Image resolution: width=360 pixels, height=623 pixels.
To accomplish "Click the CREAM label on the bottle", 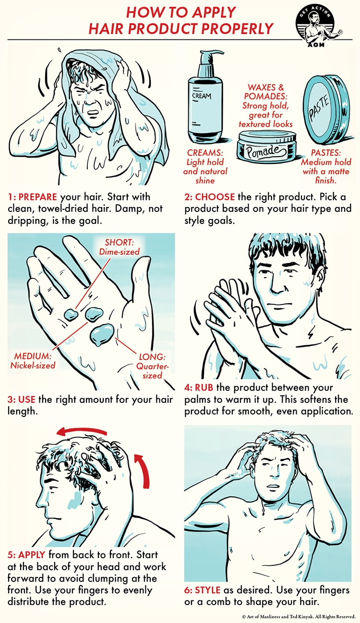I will coord(202,96).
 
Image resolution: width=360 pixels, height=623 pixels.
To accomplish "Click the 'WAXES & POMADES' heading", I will coord(266,92).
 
